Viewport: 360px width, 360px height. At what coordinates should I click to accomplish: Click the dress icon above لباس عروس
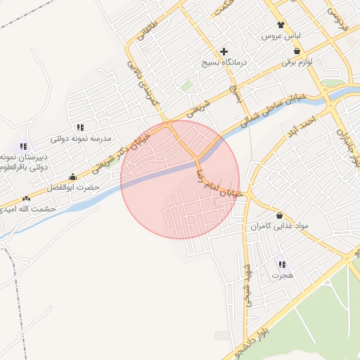[281, 24]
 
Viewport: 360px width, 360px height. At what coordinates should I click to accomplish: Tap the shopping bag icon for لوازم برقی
[297, 51]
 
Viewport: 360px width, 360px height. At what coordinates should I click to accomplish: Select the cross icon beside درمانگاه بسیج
[224, 51]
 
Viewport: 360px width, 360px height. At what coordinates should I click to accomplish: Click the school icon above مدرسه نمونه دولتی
[81, 127]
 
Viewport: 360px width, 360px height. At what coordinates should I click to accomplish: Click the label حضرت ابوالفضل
[75, 188]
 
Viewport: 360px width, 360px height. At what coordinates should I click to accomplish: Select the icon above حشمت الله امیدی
[27, 198]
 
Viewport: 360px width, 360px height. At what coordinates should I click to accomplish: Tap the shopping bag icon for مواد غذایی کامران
[280, 215]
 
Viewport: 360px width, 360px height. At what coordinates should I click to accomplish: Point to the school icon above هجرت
[282, 264]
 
